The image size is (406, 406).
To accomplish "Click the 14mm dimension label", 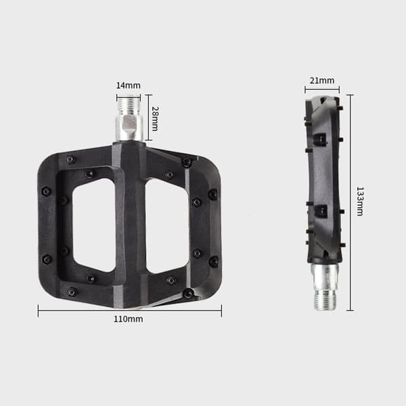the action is pos(128,85).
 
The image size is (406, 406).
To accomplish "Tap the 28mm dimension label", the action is pos(155,118).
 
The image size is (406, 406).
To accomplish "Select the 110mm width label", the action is pos(129,319).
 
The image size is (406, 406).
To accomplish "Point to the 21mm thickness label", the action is pos(322,81).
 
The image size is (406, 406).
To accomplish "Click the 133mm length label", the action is pos(360,201).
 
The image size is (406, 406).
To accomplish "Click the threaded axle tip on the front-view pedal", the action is pos(129,106).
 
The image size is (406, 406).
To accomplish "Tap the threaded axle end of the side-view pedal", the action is pos(326,300).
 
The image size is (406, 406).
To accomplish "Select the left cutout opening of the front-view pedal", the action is pos(94,225).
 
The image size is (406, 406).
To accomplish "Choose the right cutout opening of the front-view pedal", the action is pos(167,226).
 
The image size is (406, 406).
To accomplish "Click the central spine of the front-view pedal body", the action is pos(131,225).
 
